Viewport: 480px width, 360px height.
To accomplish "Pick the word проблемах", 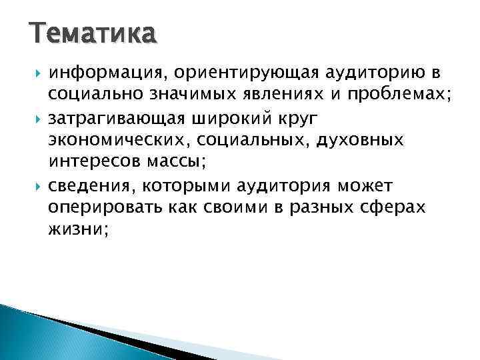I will pos(399,95).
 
